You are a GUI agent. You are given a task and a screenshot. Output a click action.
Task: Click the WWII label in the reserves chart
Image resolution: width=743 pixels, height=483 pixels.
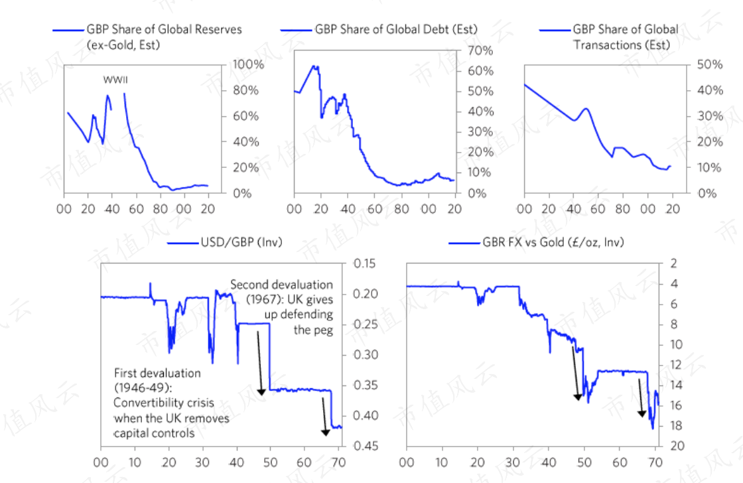click(x=115, y=80)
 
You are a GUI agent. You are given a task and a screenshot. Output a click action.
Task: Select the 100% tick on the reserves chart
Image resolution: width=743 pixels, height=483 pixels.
click(x=248, y=64)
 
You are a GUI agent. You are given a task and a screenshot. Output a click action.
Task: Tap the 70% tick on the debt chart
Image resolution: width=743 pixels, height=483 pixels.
click(x=480, y=50)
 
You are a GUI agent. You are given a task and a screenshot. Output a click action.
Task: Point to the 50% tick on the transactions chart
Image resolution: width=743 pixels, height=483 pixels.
click(x=709, y=64)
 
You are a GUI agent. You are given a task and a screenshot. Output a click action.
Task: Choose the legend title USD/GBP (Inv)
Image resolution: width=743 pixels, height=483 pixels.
click(x=241, y=242)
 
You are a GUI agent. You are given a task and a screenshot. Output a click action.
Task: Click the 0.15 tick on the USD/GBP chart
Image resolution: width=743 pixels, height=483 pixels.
click(x=365, y=263)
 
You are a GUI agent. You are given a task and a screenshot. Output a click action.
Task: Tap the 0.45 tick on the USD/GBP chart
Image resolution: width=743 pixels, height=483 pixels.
click(x=366, y=446)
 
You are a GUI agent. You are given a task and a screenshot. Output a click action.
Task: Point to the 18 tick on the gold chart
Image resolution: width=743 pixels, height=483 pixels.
click(x=676, y=426)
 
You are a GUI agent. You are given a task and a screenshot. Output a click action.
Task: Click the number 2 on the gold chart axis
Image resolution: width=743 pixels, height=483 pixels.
click(x=673, y=263)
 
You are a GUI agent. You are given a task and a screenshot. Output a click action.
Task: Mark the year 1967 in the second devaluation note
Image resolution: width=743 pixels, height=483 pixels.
click(x=261, y=300)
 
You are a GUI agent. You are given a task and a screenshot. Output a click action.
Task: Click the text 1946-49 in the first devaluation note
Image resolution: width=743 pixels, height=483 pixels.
click(x=142, y=387)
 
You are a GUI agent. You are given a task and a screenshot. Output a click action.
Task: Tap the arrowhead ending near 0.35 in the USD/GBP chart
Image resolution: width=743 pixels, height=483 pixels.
click(x=261, y=392)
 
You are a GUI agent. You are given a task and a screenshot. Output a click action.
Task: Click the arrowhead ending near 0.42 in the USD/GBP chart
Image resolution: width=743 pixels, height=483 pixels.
click(x=326, y=433)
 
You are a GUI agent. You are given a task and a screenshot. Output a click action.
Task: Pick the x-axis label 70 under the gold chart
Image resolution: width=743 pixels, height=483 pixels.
click(x=655, y=462)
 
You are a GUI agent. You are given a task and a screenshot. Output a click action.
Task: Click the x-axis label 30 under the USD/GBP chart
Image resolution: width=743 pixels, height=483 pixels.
click(x=202, y=462)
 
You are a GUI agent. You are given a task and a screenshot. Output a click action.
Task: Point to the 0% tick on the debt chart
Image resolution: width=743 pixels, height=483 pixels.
click(x=477, y=193)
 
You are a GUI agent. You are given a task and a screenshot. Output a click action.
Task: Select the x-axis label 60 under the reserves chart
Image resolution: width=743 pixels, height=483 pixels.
click(x=136, y=209)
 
